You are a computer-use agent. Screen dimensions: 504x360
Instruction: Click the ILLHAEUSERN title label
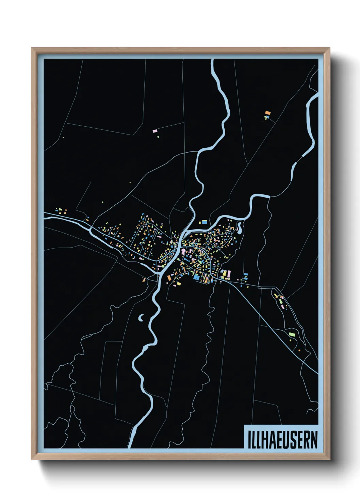coord(282,440)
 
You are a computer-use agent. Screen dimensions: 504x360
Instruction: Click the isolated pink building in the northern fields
coord(155,131)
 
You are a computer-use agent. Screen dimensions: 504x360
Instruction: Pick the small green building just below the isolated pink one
coord(158,137)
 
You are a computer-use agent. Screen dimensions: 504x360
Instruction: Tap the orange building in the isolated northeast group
coord(268,113)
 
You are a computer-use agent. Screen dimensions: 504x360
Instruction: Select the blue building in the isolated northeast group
coord(267,117)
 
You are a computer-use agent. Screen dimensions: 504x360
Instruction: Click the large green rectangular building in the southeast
coord(292,334)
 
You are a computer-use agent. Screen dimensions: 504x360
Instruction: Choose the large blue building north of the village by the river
coord(204,222)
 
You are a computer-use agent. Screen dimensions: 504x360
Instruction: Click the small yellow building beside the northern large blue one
coord(200,222)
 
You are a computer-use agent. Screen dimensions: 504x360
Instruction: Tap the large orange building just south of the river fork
coord(169,278)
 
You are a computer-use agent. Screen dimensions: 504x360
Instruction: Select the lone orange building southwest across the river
coord(144,280)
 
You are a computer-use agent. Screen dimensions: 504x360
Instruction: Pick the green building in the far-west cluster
coord(60,209)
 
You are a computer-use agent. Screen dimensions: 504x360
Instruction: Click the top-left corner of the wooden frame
coord(32,48)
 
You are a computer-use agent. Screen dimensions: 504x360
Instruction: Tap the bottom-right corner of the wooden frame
coord(329,459)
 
